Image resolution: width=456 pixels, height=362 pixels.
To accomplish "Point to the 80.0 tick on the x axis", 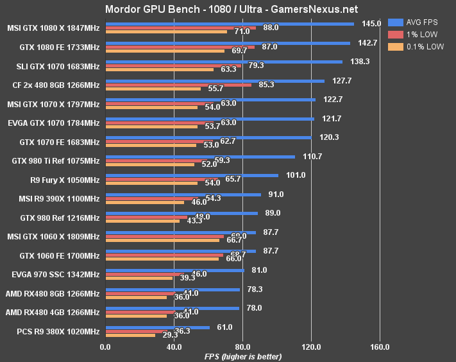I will [242, 347].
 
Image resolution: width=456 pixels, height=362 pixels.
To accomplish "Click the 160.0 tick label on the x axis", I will [380, 347].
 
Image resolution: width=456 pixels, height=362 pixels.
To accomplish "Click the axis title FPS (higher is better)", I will [242, 356].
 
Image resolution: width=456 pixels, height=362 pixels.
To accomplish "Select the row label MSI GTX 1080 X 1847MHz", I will [54, 30].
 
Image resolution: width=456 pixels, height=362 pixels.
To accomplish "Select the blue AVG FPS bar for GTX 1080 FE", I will [228, 43].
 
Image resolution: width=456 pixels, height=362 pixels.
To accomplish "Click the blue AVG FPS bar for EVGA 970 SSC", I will [174, 270].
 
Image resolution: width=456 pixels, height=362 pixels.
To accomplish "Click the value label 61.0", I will [224, 327].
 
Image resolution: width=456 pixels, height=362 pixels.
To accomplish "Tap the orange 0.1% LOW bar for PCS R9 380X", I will [130, 335].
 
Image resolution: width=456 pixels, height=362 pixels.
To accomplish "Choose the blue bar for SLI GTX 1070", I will [224, 62].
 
